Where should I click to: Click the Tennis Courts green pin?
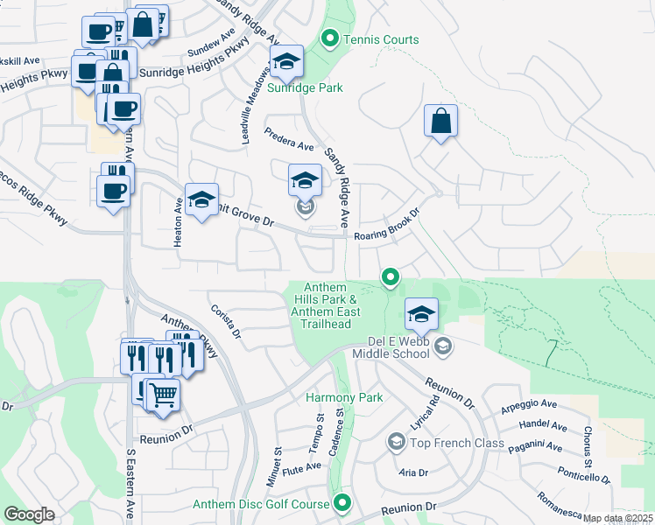[330, 39]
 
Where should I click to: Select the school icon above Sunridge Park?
[286, 63]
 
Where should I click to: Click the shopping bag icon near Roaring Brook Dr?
[441, 121]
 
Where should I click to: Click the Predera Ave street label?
[289, 140]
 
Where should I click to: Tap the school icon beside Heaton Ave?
[201, 202]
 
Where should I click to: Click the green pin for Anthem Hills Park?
[391, 278]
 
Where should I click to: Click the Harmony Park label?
[344, 397]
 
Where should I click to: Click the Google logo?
[29, 514]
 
